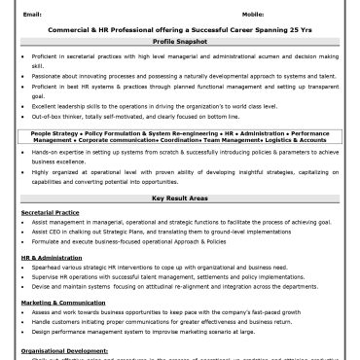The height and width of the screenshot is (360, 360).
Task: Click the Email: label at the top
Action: tap(31, 15)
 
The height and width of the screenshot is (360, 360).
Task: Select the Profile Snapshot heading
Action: tap(179, 44)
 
